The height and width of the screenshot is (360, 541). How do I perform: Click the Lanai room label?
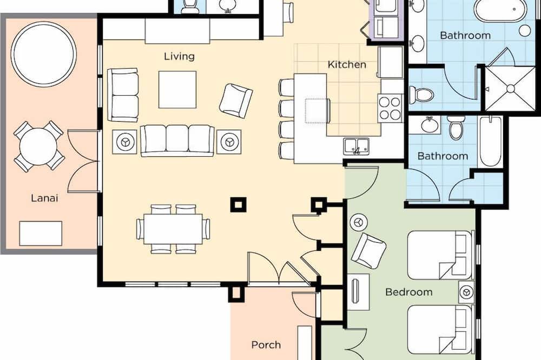44,198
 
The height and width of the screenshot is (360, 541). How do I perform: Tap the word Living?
179,56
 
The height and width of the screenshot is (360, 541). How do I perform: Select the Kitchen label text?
347,64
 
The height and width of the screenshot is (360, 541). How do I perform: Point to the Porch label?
266,344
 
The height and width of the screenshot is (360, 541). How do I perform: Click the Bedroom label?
409,292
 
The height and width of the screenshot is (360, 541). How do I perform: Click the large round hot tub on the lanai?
44,54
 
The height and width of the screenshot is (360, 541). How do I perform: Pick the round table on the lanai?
38,146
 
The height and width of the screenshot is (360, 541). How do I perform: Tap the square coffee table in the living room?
177,90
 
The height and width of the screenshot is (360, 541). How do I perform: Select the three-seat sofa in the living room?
177,141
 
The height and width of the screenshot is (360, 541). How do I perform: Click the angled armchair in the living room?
236,101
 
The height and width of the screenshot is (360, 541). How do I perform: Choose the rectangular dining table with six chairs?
173,229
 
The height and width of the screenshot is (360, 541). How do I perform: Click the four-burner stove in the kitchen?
390,108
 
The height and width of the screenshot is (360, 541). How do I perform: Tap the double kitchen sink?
356,145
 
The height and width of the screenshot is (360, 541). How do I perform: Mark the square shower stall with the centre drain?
511,89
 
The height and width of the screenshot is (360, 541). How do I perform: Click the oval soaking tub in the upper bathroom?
497,10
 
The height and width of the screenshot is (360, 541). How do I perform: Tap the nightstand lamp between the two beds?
466,292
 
